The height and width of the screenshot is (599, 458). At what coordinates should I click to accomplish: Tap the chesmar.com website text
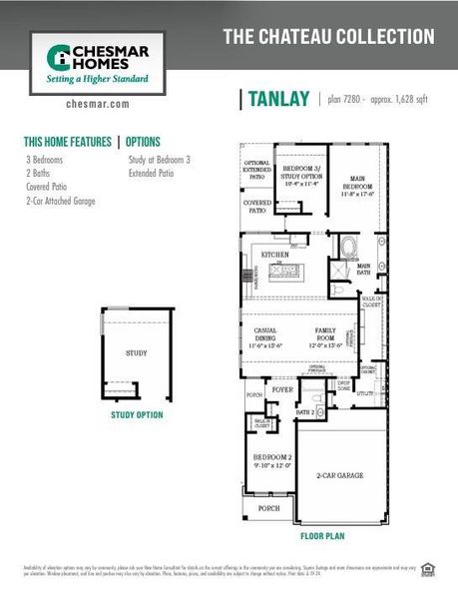98,103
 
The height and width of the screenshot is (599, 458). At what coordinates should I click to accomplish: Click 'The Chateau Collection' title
328,37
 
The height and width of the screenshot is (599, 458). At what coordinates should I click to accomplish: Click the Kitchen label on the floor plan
275,256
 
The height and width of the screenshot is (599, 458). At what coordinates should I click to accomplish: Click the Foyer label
282,389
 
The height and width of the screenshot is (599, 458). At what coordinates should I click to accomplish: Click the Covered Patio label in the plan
256,207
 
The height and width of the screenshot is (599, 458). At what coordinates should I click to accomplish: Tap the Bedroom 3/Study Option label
299,174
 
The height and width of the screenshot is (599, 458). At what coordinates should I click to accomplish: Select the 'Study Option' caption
137,414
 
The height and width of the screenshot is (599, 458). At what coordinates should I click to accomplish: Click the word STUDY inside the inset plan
137,352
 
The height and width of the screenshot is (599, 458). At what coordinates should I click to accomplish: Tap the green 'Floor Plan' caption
323,536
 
